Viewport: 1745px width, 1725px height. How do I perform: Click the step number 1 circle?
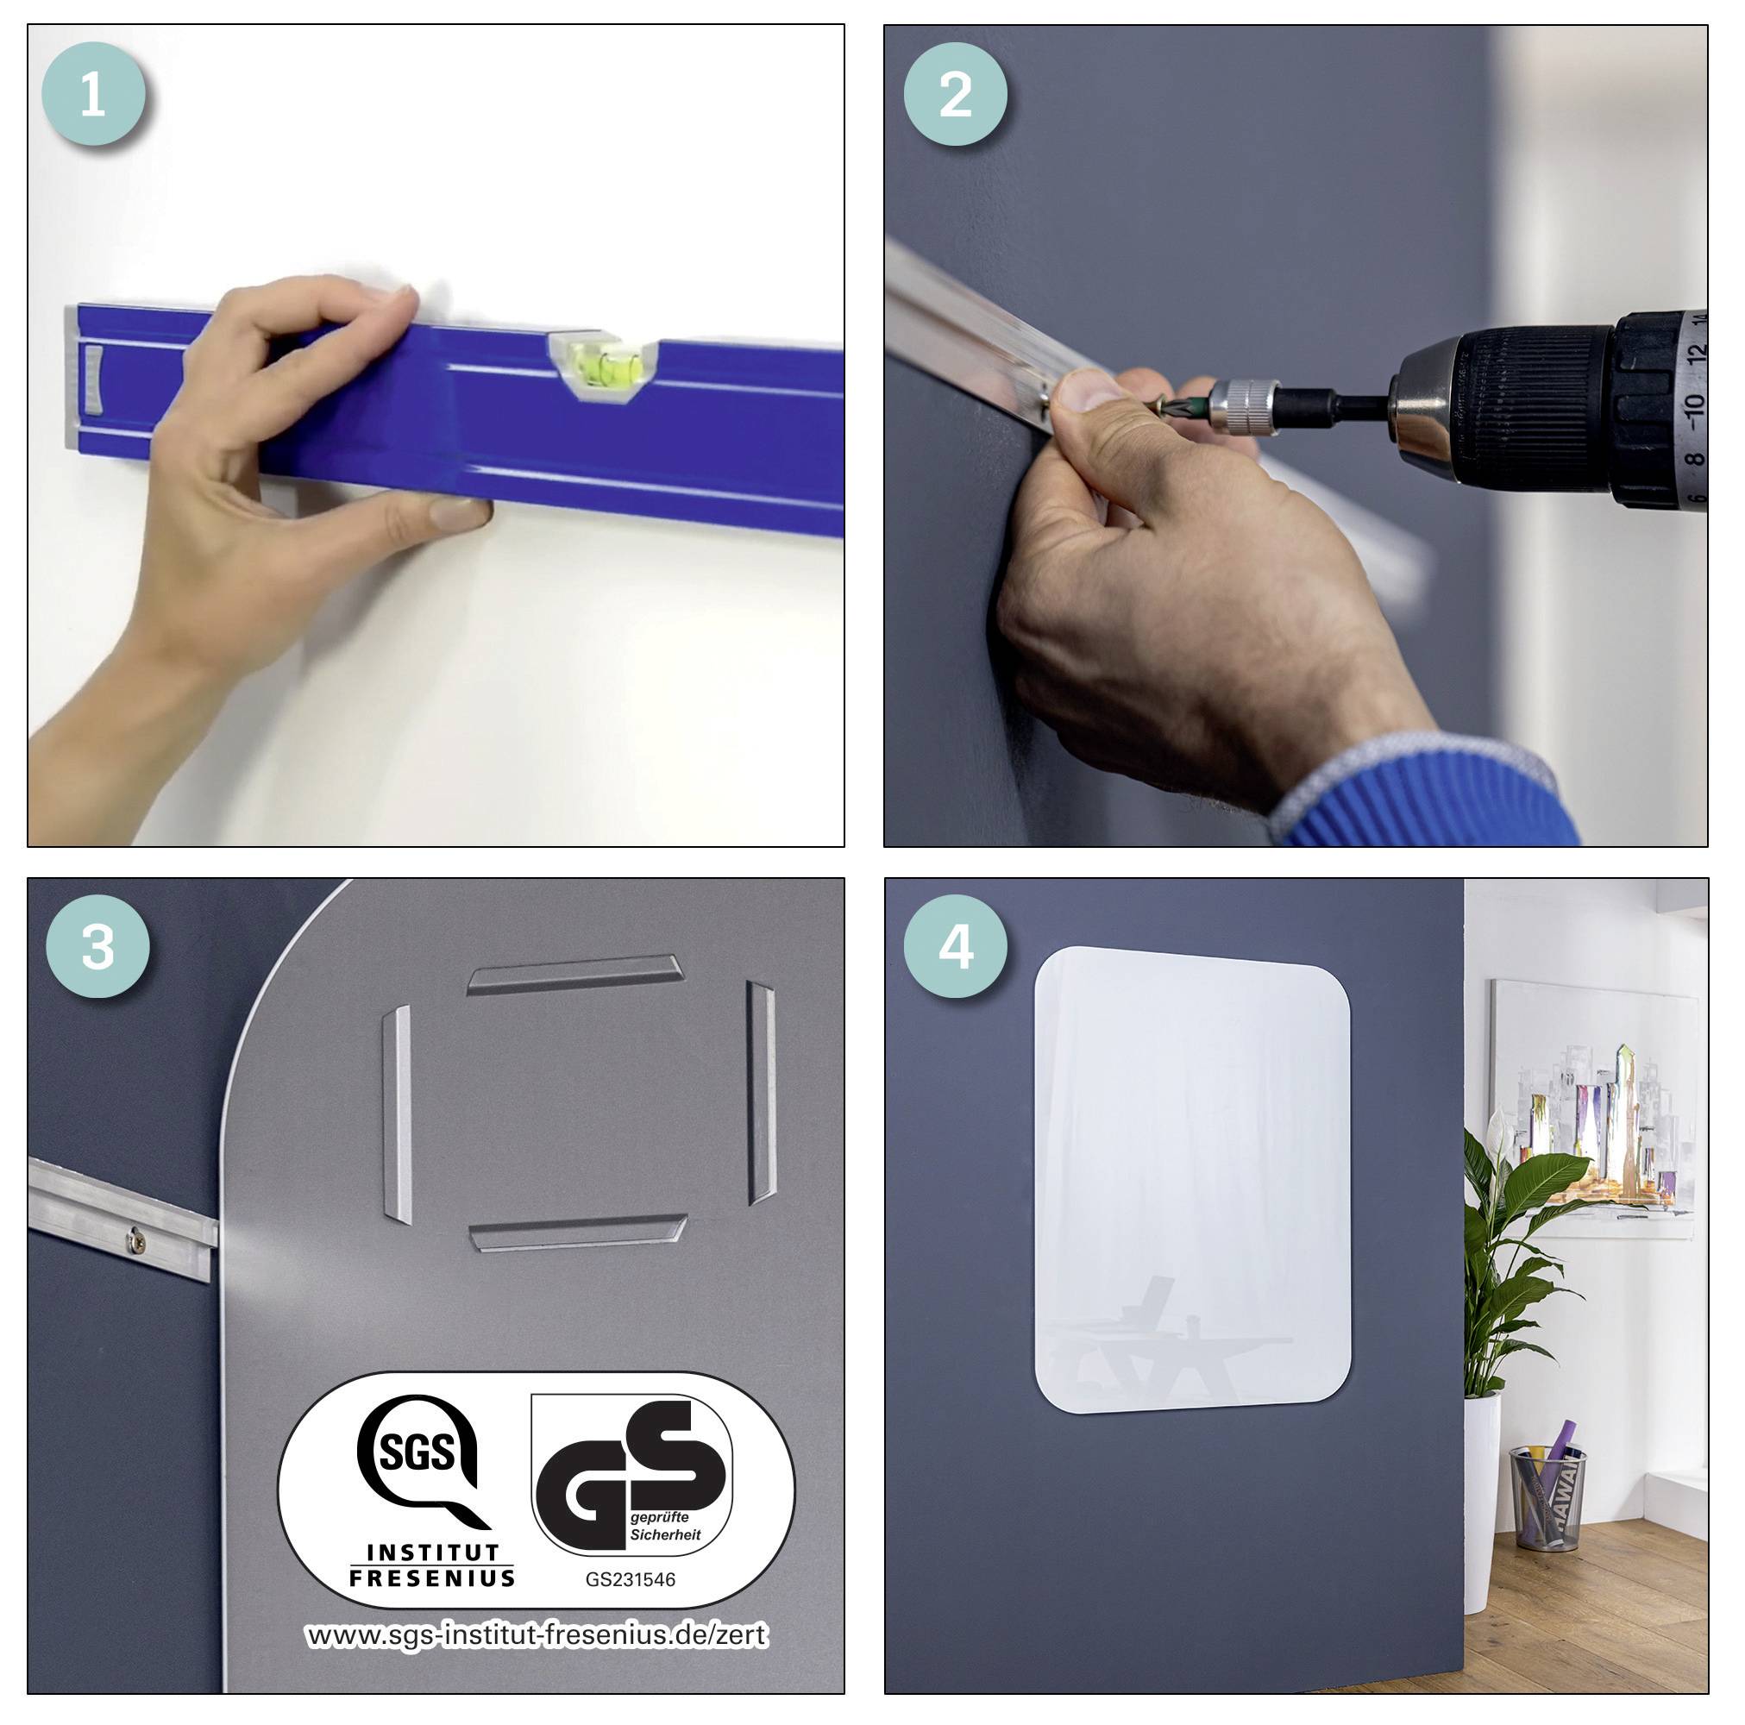[93, 93]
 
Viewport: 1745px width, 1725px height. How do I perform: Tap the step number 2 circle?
[956, 93]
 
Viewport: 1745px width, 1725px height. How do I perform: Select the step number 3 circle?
[97, 946]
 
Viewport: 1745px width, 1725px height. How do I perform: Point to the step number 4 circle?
[956, 946]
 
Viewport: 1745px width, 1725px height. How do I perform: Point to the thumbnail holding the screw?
[1089, 390]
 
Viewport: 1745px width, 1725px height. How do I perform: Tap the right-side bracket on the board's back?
[762, 1094]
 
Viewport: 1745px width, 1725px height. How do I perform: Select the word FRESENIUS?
[432, 1577]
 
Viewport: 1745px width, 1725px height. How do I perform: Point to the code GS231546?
[631, 1579]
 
